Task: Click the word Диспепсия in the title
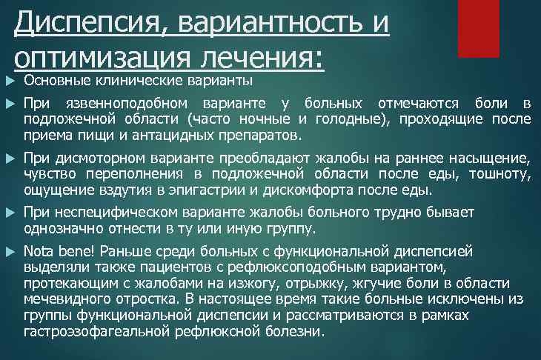tap(87, 23)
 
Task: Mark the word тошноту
tap(504, 174)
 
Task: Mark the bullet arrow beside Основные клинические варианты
tap(9, 80)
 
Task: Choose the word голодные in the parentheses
tap(351, 119)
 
